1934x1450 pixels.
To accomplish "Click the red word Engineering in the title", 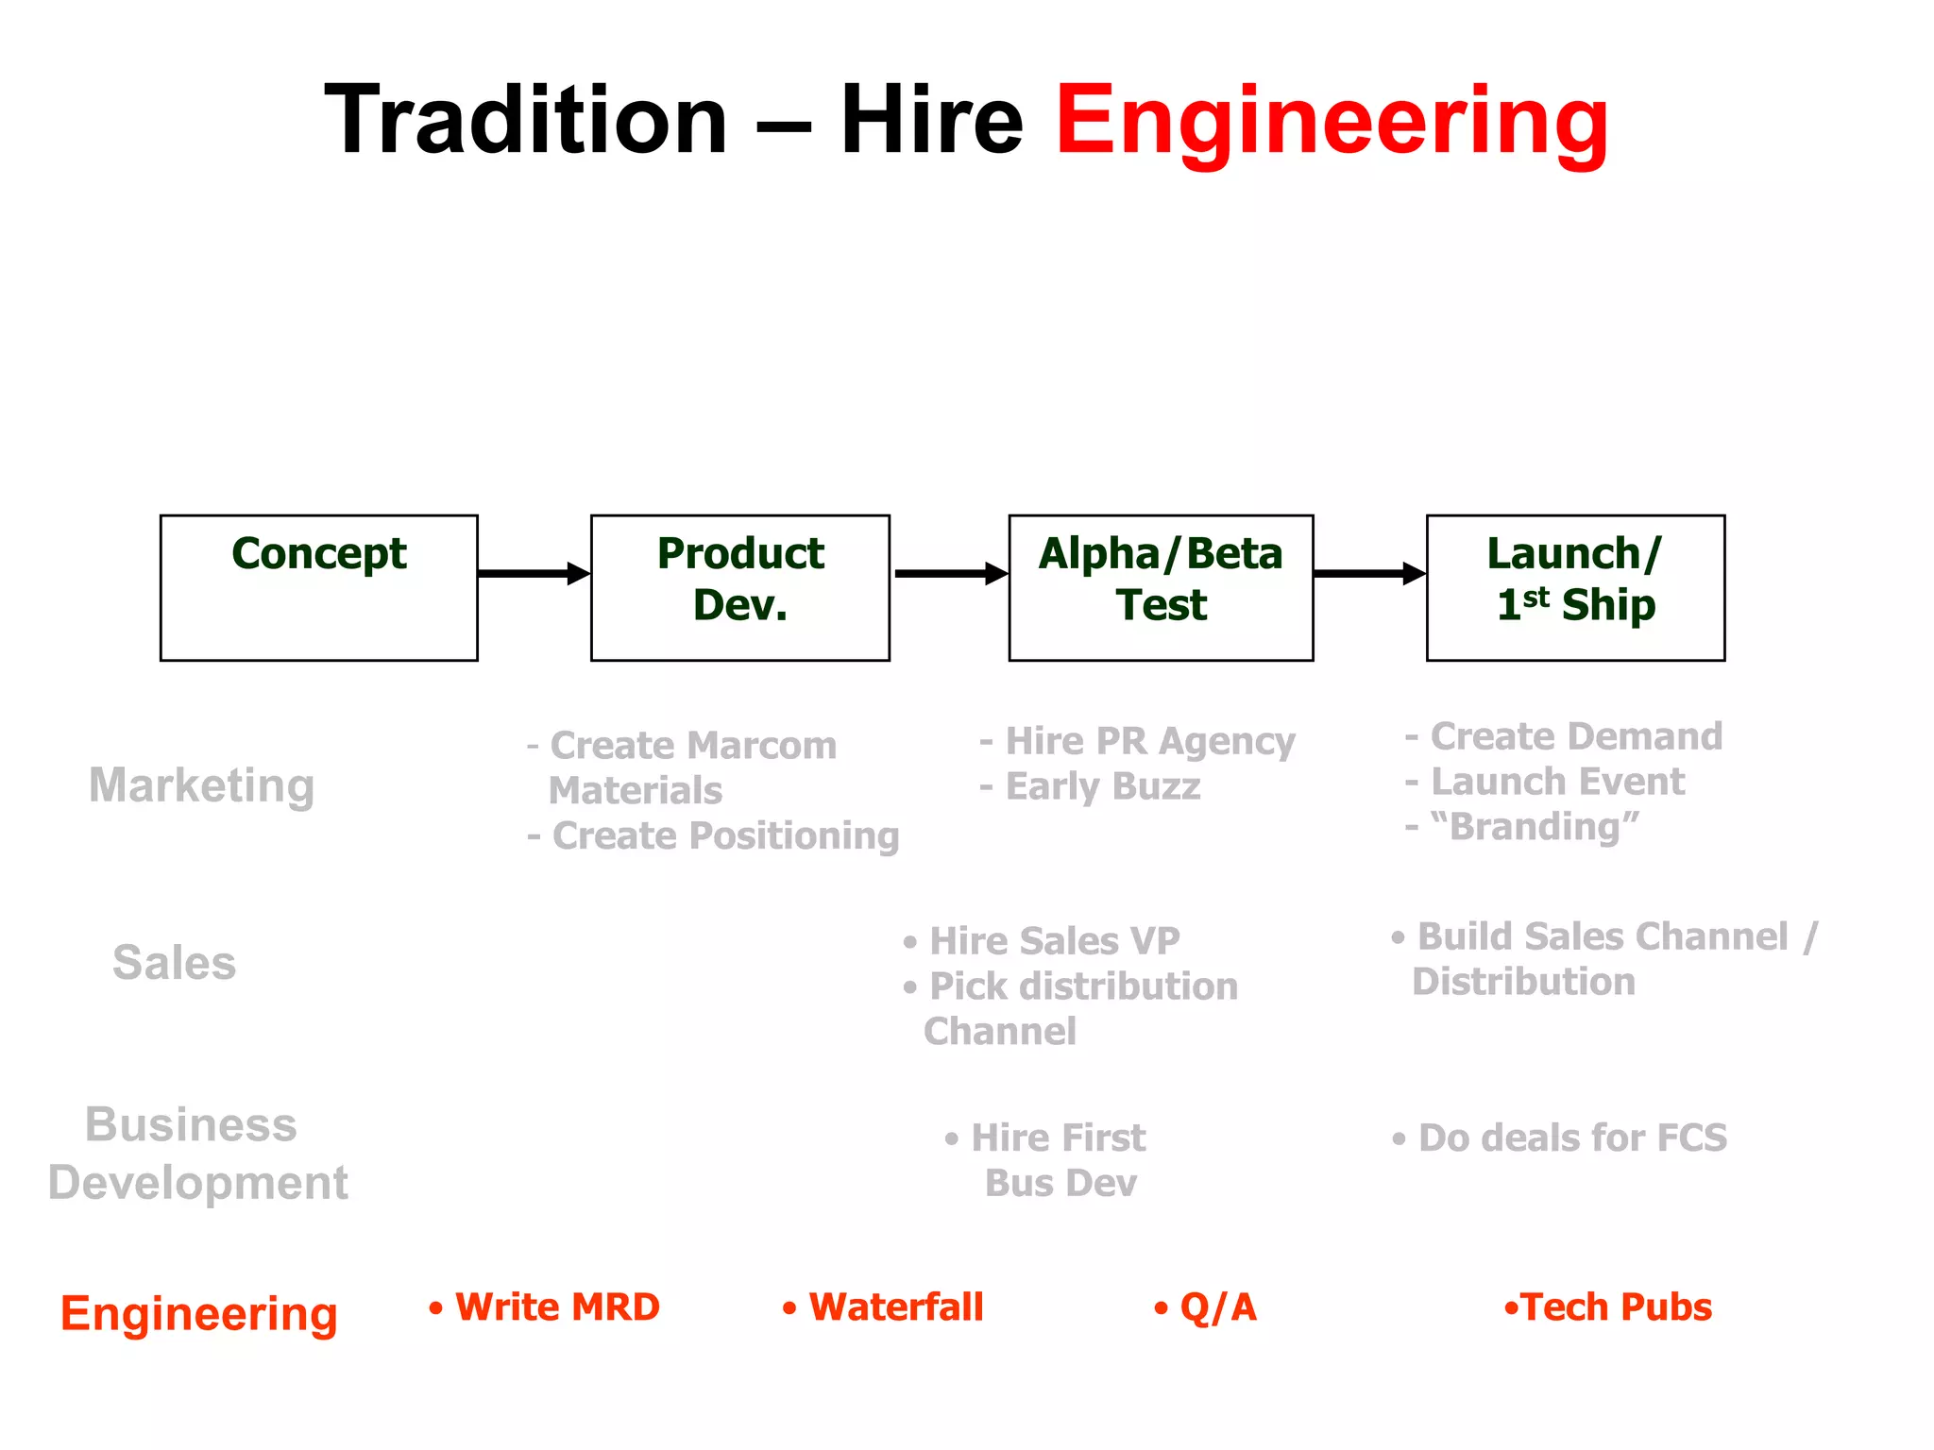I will click(x=1332, y=121).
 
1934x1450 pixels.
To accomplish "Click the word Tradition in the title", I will click(x=526, y=121).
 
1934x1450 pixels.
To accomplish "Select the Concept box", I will click(x=319, y=587).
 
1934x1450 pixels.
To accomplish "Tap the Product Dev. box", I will click(x=740, y=587).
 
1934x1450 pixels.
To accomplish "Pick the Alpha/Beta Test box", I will click(x=1161, y=587).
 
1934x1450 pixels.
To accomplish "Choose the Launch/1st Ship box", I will click(x=1575, y=587).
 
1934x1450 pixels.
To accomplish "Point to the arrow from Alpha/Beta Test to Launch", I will click(x=1369, y=573).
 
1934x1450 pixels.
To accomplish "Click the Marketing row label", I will click(x=201, y=785).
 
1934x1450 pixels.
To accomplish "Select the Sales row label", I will click(x=175, y=963).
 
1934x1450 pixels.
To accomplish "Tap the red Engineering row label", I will click(x=199, y=1313).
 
